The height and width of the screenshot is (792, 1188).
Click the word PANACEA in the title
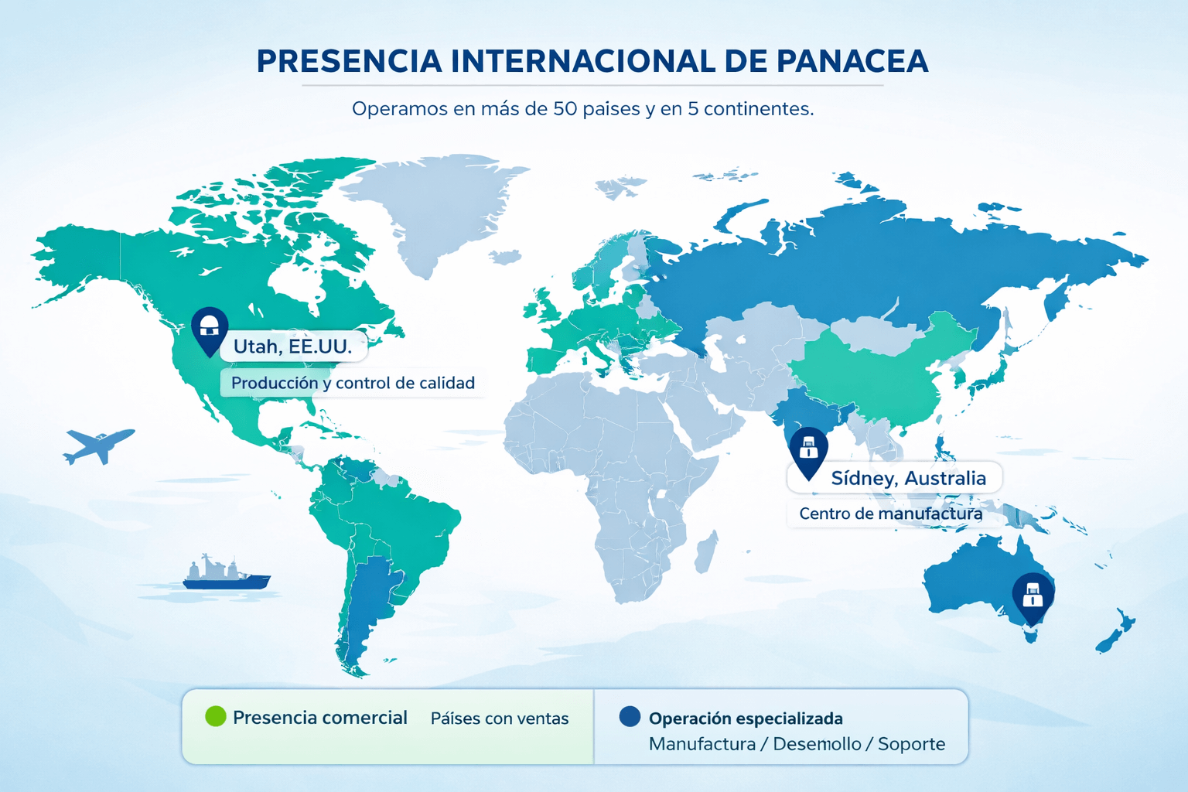point(852,62)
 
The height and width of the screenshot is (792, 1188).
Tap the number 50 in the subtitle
point(565,109)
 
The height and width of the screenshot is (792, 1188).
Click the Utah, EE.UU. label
point(292,346)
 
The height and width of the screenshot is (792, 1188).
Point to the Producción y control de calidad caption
point(353,383)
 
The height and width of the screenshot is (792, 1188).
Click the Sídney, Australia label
point(908,478)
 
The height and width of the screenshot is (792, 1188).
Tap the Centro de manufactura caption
point(890,514)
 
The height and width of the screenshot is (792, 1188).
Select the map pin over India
point(808,451)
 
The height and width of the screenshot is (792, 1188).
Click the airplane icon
point(98,445)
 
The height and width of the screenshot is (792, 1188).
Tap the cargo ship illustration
point(226,574)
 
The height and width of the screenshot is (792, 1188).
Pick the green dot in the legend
point(216,717)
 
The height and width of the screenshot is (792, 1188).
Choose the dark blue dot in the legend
point(630,717)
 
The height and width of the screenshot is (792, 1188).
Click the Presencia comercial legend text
point(319,718)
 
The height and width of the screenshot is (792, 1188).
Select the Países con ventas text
point(499,719)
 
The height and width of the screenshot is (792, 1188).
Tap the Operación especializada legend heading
point(746,719)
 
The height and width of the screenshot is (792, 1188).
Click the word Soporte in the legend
point(911,744)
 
